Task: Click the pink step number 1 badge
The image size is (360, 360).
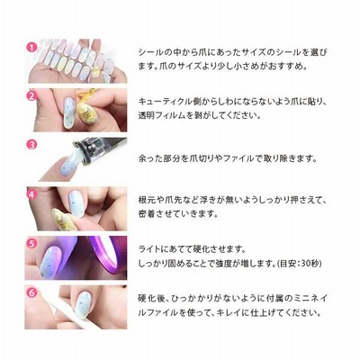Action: tap(31, 48)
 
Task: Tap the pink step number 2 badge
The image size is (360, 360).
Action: tap(31, 96)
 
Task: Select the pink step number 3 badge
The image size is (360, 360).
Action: tap(31, 145)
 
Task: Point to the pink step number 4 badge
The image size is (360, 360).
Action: tap(31, 194)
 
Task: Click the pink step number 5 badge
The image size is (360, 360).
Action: tap(31, 243)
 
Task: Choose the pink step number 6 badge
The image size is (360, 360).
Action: tap(31, 292)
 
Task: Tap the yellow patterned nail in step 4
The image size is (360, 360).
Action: tap(64, 219)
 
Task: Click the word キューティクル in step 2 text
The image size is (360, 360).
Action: tap(165, 102)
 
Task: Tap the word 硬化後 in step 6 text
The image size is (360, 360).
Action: tap(151, 299)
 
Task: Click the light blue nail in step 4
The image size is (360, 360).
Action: tap(76, 203)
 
